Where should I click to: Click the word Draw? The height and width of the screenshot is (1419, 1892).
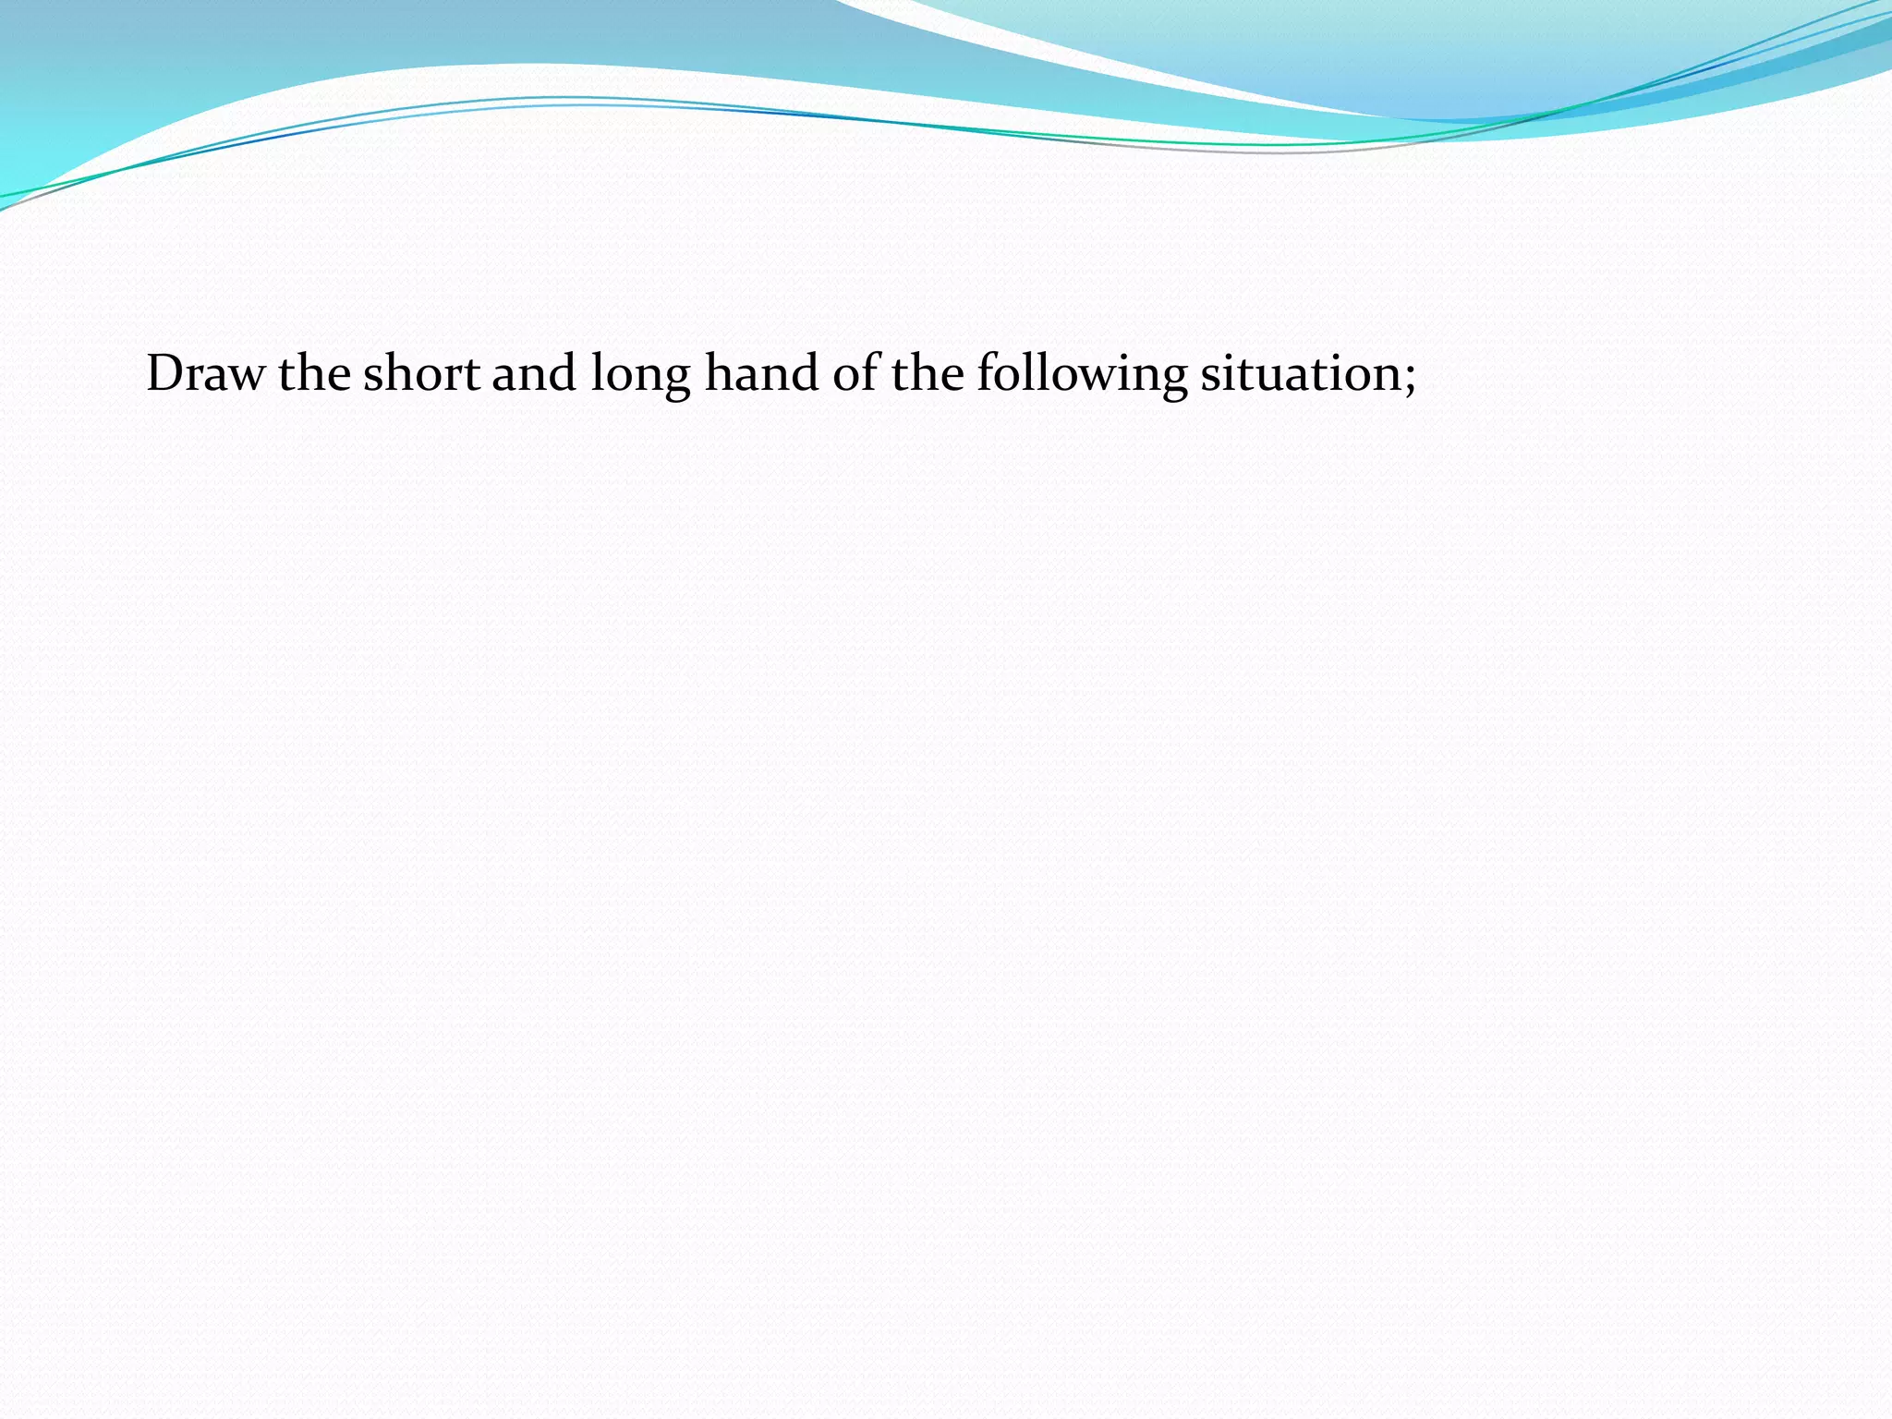pyautogui.click(x=204, y=374)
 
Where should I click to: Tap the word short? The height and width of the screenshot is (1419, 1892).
pyautogui.click(x=421, y=374)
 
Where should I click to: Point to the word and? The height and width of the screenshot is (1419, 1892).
pyautogui.click(x=534, y=374)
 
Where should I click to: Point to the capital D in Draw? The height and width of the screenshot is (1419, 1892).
pyautogui.click(x=165, y=374)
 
